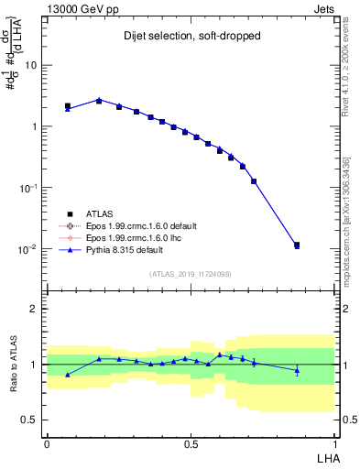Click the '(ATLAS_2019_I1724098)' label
click(191, 273)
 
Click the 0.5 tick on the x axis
click(191, 443)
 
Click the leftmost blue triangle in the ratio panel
click(68, 375)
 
